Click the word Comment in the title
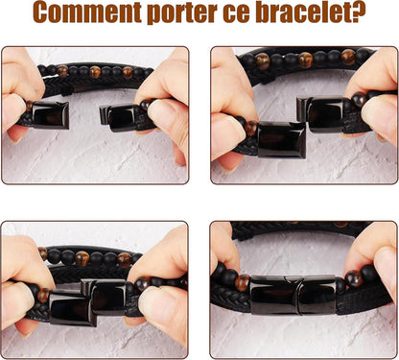pyautogui.click(x=87, y=12)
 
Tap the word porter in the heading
pyautogui.click(x=182, y=13)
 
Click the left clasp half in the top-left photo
pyautogui.click(x=51, y=115)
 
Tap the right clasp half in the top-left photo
pyautogui.click(x=117, y=118)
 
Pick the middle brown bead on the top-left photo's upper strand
pyautogui.click(x=95, y=72)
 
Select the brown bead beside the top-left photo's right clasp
pyautogui.click(x=146, y=105)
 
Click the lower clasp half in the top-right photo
pyautogui.click(x=282, y=139)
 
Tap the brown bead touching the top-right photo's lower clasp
pyautogui.click(x=251, y=128)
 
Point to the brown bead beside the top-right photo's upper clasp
pyautogui.click(x=359, y=100)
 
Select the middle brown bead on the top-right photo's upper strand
pyautogui.click(x=305, y=60)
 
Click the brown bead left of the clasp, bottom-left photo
pyautogui.click(x=43, y=295)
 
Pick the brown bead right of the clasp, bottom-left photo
pyautogui.click(x=143, y=284)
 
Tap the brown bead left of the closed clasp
pyautogui.click(x=242, y=282)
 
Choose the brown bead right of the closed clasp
pyautogui.click(x=354, y=278)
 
